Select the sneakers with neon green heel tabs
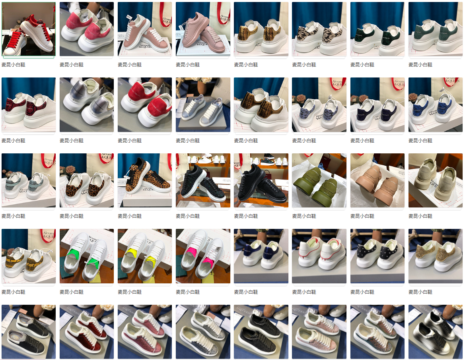click(87, 256)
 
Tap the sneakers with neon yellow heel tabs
click(145, 256)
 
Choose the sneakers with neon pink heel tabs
click(203, 256)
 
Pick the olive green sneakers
click(319, 180)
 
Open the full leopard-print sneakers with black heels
click(145, 180)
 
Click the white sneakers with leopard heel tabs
click(87, 180)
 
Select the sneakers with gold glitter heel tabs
click(436, 256)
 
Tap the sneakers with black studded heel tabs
click(377, 256)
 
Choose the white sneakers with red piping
click(319, 256)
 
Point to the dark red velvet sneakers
click(87, 332)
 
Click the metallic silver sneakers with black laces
click(436, 332)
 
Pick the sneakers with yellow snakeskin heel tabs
click(29, 256)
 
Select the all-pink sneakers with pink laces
click(203, 29)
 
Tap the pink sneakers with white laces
click(145, 29)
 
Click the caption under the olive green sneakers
click(304, 216)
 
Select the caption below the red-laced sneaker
click(14, 65)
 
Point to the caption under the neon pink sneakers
click(188, 292)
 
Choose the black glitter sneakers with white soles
click(203, 180)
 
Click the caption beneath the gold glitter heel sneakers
click(420, 292)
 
